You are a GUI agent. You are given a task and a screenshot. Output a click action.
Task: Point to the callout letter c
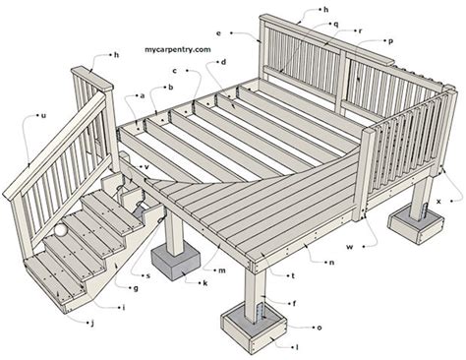point(174,71)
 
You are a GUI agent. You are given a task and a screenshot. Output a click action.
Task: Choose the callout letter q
point(336,24)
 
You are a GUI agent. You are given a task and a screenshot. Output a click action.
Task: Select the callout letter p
point(391,41)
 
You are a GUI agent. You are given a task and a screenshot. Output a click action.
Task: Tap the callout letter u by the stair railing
point(43,115)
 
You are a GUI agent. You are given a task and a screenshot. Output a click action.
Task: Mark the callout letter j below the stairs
point(91,323)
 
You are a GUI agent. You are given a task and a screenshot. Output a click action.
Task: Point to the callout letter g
point(134,287)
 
